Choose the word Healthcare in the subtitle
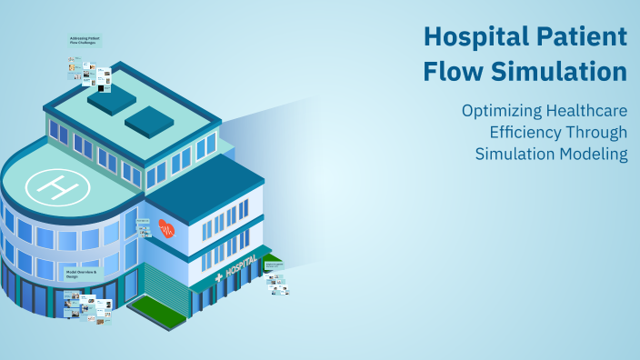click(590, 112)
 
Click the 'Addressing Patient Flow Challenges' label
click(85, 41)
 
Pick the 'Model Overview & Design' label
click(81, 274)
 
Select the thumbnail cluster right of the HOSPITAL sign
click(277, 282)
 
